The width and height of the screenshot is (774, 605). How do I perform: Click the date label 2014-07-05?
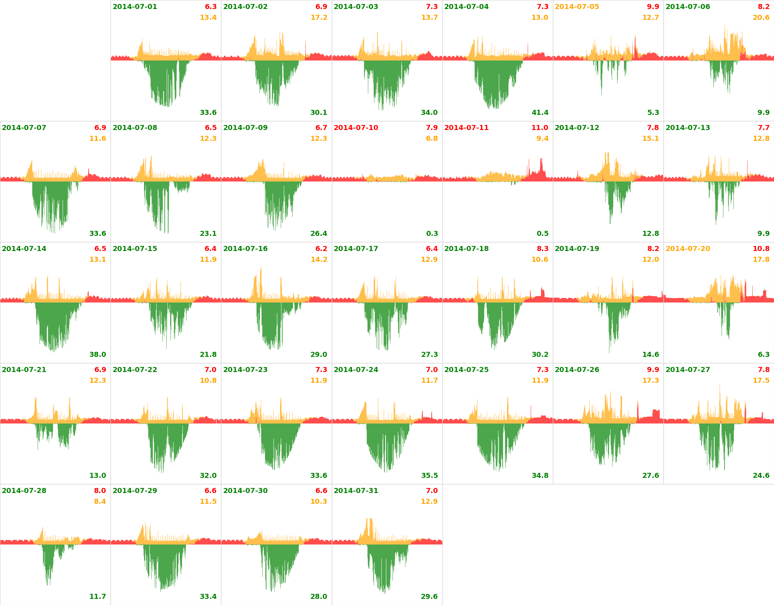(x=577, y=7)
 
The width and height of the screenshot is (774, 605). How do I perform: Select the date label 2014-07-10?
(x=356, y=128)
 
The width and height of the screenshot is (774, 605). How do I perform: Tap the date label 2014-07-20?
(x=688, y=249)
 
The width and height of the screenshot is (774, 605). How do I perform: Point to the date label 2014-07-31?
(x=356, y=491)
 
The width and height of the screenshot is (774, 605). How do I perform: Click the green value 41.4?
(x=540, y=113)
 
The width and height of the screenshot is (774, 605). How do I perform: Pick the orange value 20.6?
(x=761, y=18)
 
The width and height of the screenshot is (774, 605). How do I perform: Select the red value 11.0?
(x=540, y=128)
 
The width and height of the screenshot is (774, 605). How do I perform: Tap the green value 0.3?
(x=432, y=234)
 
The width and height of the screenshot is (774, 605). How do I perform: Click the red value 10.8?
(x=761, y=249)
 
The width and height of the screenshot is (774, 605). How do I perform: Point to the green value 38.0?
(x=98, y=355)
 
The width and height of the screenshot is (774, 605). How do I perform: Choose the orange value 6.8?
(x=432, y=139)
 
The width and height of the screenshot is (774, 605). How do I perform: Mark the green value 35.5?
(x=429, y=476)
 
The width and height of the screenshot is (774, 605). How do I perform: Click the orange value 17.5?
(x=761, y=381)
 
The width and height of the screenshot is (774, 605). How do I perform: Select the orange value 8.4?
(x=100, y=502)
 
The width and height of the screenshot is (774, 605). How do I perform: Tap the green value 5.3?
(x=653, y=113)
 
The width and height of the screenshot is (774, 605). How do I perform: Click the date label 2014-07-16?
(x=245, y=249)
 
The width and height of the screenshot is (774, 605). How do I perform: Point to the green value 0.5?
(x=543, y=234)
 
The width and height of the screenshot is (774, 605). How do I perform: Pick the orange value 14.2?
(x=319, y=260)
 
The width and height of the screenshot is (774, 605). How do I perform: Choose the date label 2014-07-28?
(x=24, y=491)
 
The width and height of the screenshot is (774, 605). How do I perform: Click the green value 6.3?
(x=764, y=355)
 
